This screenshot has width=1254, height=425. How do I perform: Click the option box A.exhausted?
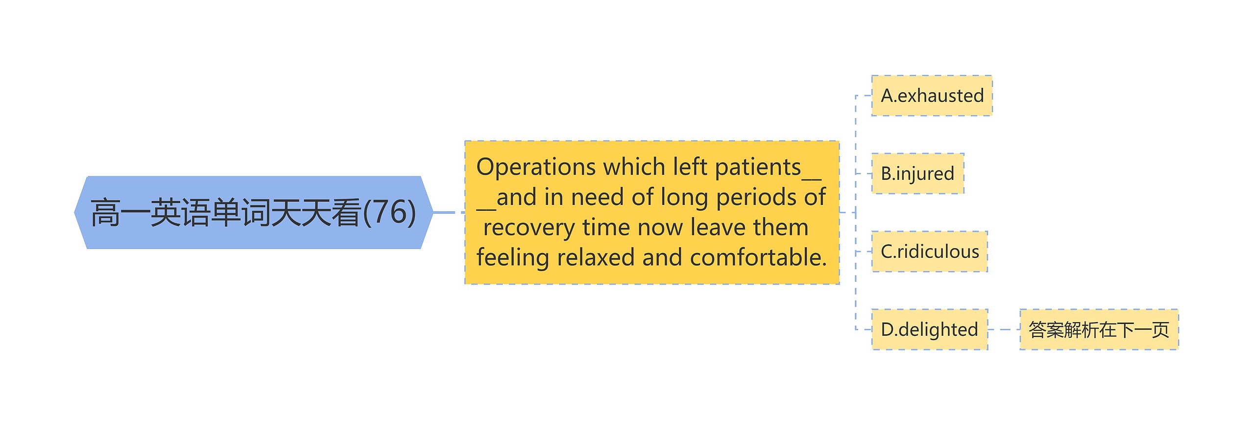pos(932,96)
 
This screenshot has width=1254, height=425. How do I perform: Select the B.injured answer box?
pos(917,174)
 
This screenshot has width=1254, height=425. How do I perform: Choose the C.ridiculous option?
pos(929,251)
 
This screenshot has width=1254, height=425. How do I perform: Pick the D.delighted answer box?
pos(929,329)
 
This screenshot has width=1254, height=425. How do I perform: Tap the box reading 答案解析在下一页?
pos(1099,329)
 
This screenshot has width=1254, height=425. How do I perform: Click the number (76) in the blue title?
pos(389,212)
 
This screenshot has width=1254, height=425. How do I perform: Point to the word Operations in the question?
pos(535,167)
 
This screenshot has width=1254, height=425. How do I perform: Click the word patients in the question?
pos(758,167)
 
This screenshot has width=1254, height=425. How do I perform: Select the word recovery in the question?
pos(530,228)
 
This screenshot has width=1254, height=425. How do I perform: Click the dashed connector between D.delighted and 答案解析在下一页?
pos(1004,329)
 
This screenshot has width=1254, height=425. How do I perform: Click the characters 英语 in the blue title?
pos(180,213)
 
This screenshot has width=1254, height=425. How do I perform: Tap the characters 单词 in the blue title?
pos(241,213)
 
